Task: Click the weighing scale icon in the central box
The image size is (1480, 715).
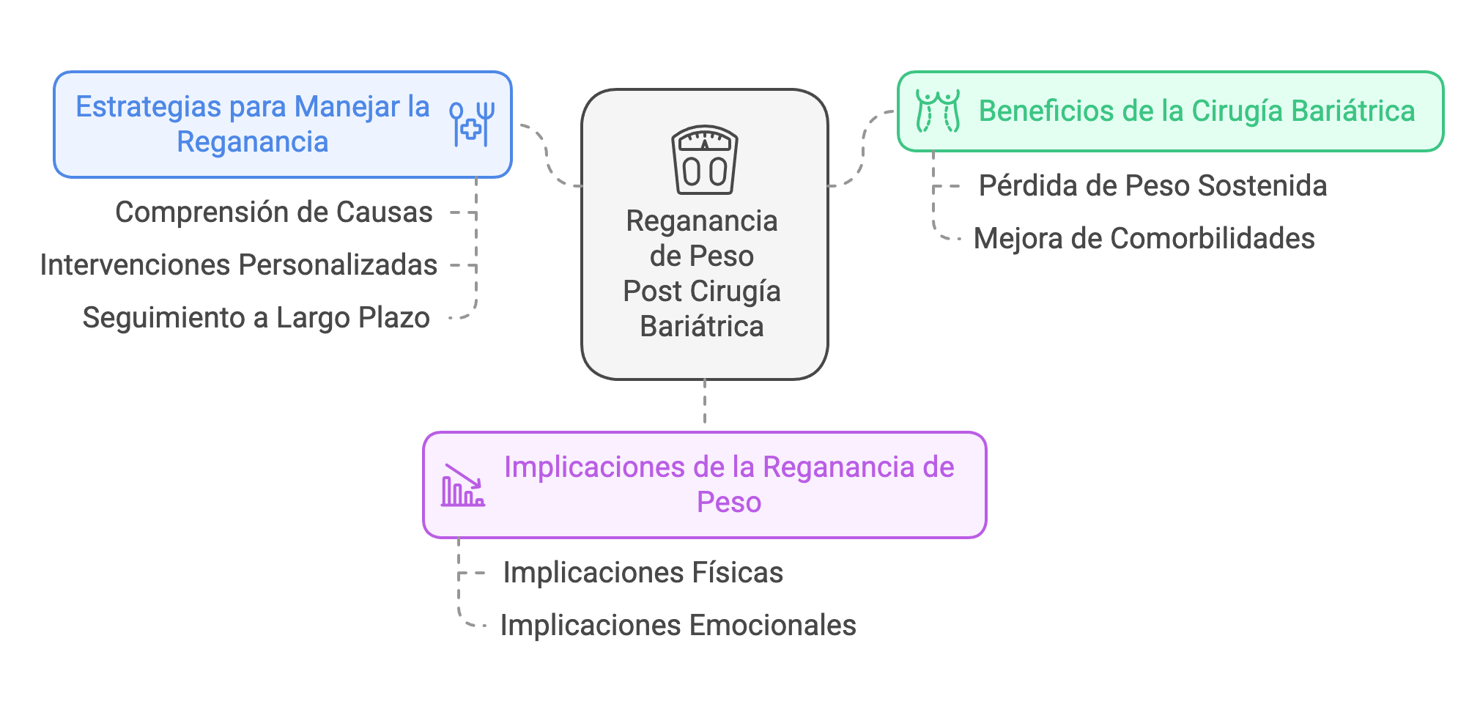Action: click(x=704, y=160)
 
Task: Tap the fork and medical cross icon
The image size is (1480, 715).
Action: click(x=472, y=124)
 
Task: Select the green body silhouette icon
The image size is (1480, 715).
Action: click(x=938, y=111)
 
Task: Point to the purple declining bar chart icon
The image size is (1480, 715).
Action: click(x=462, y=485)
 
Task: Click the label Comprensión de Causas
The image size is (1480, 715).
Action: click(x=274, y=212)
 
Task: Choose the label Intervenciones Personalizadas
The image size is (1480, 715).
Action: click(x=238, y=265)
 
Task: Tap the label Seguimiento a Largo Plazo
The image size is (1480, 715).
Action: click(x=256, y=318)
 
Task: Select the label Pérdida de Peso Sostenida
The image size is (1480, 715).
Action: click(x=1152, y=186)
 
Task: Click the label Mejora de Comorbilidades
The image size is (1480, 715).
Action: click(x=1144, y=239)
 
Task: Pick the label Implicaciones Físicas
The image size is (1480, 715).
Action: click(x=643, y=573)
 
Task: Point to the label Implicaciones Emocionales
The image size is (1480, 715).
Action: click(x=678, y=626)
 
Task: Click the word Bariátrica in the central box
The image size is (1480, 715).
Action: click(x=701, y=327)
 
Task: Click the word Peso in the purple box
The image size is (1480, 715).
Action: click(x=728, y=503)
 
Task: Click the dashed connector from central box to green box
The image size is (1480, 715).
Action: click(x=862, y=149)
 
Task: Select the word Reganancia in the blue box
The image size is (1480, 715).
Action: click(x=252, y=142)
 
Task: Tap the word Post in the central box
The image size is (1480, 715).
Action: click(x=652, y=292)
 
